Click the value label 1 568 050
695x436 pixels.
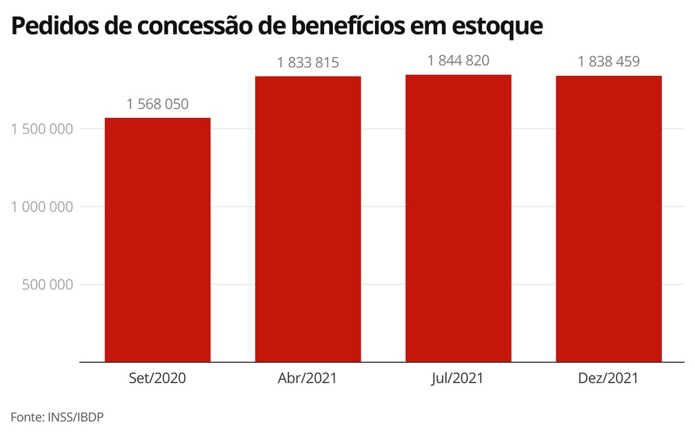pyautogui.click(x=157, y=104)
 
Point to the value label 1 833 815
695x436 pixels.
pyautogui.click(x=308, y=63)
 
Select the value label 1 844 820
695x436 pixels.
pyautogui.click(x=458, y=61)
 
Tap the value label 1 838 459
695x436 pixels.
pyautogui.click(x=609, y=61)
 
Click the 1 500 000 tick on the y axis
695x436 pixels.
pyautogui.click(x=43, y=129)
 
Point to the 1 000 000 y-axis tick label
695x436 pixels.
pyautogui.click(x=43, y=207)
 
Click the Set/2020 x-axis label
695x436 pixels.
pyautogui.click(x=157, y=378)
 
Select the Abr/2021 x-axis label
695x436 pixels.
pyautogui.click(x=308, y=378)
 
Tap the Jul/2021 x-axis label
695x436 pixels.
pyautogui.click(x=458, y=378)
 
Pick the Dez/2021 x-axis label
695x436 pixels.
pyautogui.click(x=609, y=378)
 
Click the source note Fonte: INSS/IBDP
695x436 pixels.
pyautogui.click(x=57, y=417)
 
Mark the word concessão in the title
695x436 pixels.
pyautogui.click(x=195, y=26)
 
